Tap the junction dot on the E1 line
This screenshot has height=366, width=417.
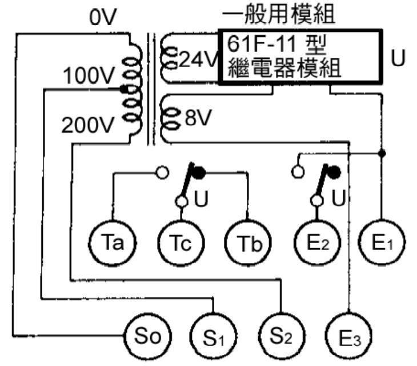382,153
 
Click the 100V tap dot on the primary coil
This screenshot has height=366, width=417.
123,90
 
